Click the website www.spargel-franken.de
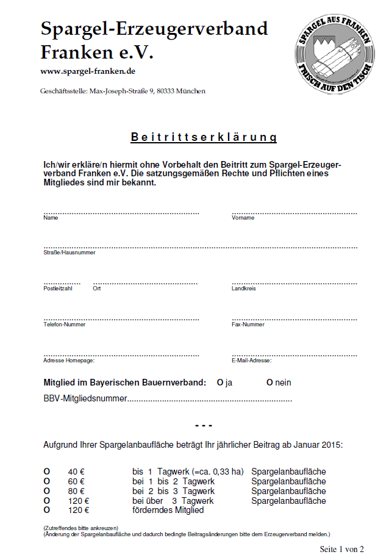88,71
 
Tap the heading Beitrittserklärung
204,137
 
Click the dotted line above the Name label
121,213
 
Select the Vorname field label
243,218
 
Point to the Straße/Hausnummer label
69,252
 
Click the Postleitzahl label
58,288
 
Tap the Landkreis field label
244,288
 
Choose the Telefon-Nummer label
64,325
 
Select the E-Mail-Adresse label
252,361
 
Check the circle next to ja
220,382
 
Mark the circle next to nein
269,382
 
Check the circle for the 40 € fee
46,472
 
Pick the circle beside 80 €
46,491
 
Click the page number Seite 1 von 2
341,549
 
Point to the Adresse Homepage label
69,361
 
